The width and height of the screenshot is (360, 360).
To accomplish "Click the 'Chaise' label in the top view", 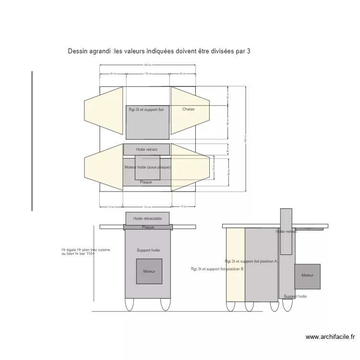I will coord(188,109).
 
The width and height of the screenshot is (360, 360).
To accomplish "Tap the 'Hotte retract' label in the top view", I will coord(146,150).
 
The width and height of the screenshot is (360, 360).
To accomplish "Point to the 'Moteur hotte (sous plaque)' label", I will coord(147,167).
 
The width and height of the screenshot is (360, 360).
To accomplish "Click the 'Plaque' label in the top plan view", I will coord(146,182).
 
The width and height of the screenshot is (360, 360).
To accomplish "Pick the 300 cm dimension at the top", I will coord(147,65).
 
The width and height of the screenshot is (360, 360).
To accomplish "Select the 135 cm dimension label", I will coord(148,74).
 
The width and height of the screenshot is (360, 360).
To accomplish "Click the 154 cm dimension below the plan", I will coord(147,207).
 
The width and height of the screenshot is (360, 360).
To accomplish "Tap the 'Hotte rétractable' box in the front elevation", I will coord(147,218).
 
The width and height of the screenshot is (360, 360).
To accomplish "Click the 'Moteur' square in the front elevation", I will coord(149,272).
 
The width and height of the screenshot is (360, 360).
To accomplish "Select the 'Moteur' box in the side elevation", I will coord(307,276).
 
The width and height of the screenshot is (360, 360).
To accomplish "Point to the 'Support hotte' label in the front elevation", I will coord(148,251).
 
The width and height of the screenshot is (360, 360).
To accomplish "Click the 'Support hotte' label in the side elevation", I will coord(295,297).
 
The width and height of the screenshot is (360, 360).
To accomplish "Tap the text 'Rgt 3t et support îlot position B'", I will coord(217,269).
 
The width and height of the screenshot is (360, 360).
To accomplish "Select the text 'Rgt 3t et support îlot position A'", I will coord(251,262).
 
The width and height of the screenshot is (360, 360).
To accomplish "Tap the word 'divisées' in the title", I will coord(212,51).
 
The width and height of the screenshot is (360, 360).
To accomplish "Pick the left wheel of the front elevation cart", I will coord(129,304).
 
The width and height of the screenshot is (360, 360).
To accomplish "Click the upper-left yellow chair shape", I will coord(103,111).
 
